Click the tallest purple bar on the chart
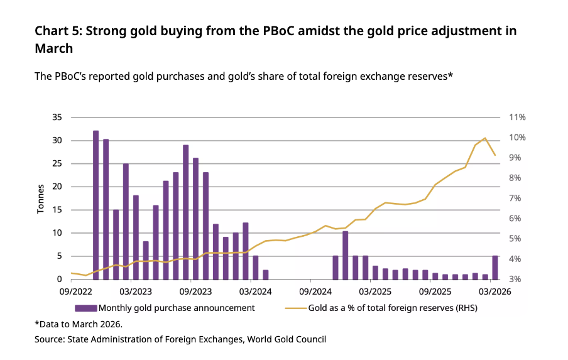pos(96,205)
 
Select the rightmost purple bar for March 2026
pos(495,267)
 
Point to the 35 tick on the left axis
pos(57,117)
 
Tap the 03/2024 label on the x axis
pos(255,292)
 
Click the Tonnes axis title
pos(41,199)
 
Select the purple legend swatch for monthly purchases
pos(85,308)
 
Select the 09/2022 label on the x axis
pos(74,292)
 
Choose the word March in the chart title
pos(54,48)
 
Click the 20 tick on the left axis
pos(57,187)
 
